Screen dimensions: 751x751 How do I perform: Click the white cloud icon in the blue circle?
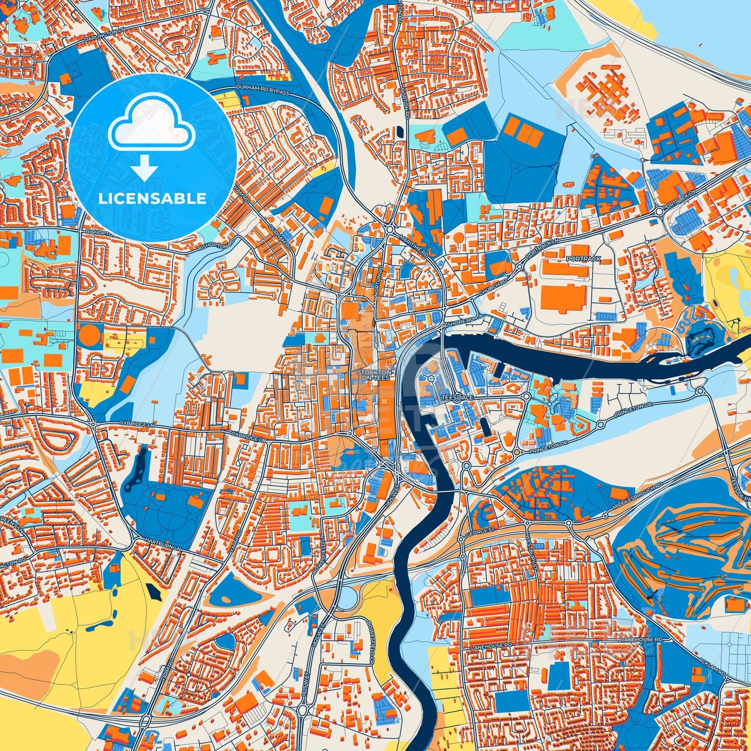[x=151, y=125]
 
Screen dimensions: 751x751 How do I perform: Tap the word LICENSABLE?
[x=152, y=198]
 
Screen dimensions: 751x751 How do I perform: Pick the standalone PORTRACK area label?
[x=583, y=259]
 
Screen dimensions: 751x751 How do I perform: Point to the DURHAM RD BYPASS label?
[x=262, y=90]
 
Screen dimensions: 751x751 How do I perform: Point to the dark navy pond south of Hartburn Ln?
[x=152, y=590]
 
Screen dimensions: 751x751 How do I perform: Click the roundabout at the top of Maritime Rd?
[x=390, y=229]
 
